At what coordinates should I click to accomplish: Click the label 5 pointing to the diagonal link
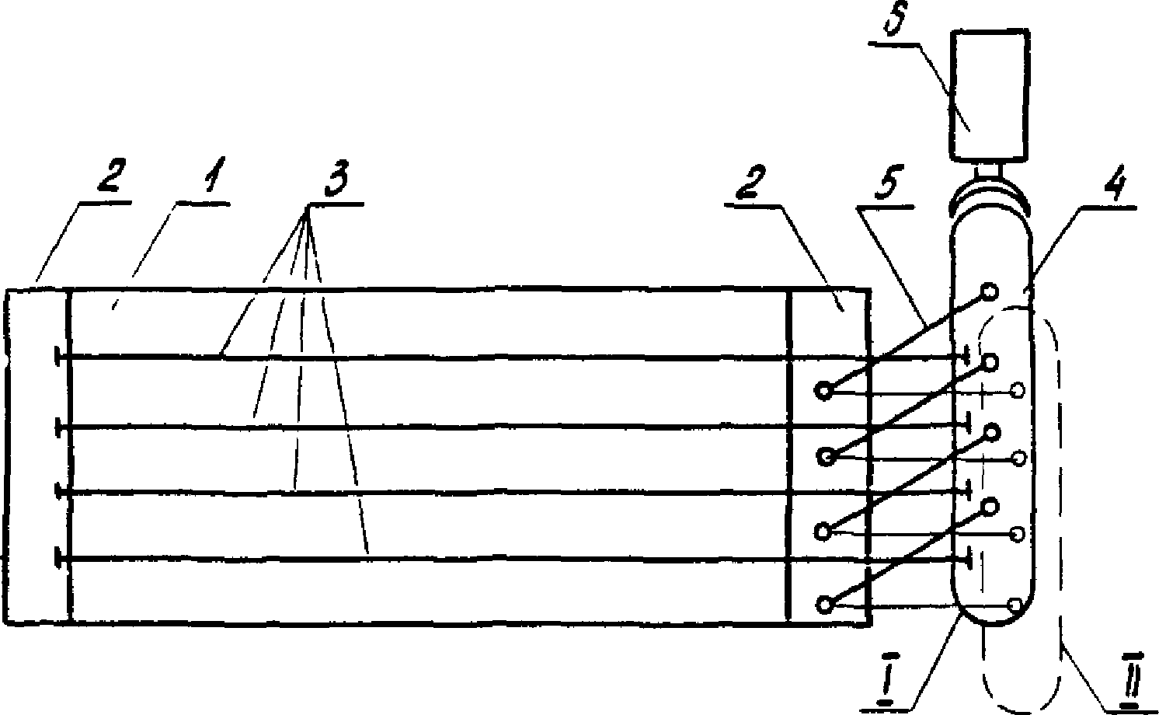(x=888, y=181)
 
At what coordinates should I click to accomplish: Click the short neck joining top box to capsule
(x=988, y=170)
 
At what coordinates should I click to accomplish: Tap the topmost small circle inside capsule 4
(x=990, y=291)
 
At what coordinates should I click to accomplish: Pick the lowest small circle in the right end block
(x=825, y=604)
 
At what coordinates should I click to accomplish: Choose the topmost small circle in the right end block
(x=823, y=390)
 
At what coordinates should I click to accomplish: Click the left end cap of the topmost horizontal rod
(x=57, y=356)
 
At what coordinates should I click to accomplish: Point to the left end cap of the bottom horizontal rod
(x=57, y=559)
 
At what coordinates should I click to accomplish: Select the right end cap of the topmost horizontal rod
(x=966, y=356)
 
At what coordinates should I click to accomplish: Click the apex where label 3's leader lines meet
(x=309, y=207)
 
